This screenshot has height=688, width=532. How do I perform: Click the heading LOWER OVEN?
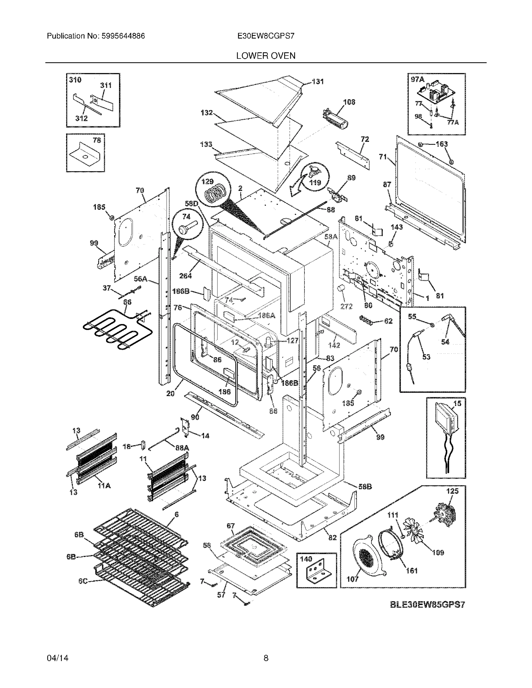click(265, 56)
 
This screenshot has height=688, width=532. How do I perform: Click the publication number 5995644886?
click(123, 36)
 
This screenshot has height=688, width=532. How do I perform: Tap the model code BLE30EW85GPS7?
click(427, 605)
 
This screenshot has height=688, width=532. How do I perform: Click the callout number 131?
click(318, 82)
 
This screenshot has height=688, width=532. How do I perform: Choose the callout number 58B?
click(365, 487)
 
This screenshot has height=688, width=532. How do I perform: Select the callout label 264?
click(185, 276)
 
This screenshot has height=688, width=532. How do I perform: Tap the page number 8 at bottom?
click(265, 658)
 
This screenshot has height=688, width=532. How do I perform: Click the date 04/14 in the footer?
click(58, 658)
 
